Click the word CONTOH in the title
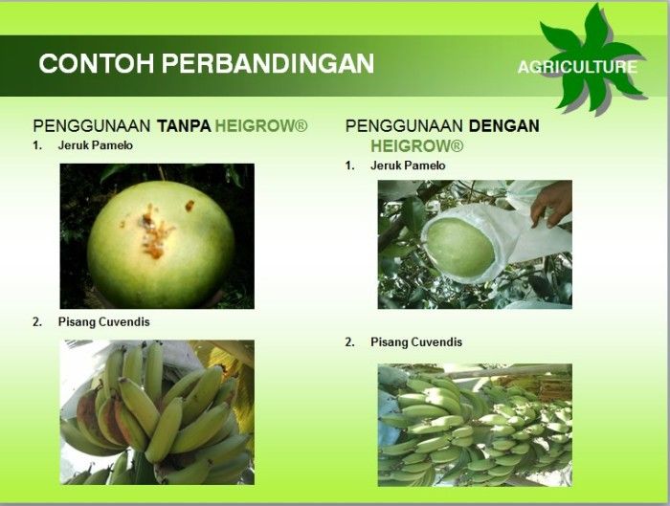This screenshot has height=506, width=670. click(96, 64)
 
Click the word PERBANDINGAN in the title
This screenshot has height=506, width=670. click(268, 64)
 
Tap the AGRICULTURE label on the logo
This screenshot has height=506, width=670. click(577, 67)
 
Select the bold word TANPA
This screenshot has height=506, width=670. click(184, 126)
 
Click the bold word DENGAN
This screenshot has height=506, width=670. click(504, 126)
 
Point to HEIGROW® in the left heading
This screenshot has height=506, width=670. click(261, 126)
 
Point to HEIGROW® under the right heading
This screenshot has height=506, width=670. click(416, 146)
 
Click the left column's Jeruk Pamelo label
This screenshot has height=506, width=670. click(96, 145)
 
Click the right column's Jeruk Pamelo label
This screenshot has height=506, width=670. click(408, 165)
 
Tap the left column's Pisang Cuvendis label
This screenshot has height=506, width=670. click(103, 322)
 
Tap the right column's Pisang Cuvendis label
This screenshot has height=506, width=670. click(416, 342)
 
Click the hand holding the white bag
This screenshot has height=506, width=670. click(551, 203)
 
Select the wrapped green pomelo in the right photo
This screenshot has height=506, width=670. click(460, 248)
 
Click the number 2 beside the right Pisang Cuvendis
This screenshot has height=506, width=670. click(350, 342)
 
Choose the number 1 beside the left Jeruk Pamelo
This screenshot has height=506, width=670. click(37, 145)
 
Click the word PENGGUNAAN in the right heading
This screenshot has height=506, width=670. click(404, 126)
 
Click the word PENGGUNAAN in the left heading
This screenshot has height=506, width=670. click(92, 126)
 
